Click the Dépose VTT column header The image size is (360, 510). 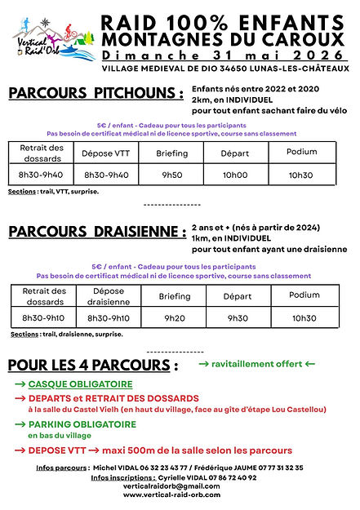tap(106, 153)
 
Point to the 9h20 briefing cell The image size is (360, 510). tap(173, 317)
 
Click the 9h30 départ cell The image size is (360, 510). tap(238, 317)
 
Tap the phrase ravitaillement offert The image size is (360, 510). tap(256, 361)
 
